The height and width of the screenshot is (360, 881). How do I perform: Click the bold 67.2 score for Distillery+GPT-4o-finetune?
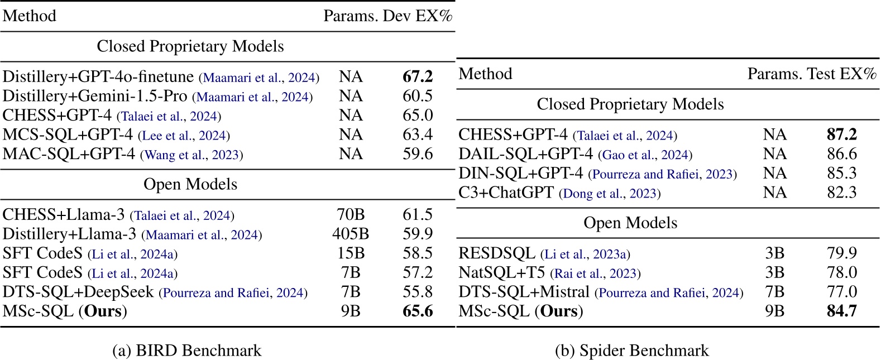coord(418,77)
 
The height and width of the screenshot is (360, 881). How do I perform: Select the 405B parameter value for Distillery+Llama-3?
coord(351,234)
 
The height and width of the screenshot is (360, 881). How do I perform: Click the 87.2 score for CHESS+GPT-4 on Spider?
coord(842,135)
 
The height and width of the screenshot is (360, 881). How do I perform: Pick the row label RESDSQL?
coord(497,254)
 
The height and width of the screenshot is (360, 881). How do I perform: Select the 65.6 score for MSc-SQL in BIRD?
coord(418,311)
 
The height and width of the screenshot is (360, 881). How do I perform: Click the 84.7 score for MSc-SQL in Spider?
coord(842,311)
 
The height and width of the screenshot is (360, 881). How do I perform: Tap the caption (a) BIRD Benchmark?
coord(187,351)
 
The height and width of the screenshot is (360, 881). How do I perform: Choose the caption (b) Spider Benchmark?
coord(632,351)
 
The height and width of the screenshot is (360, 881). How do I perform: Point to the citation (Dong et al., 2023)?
coord(610,194)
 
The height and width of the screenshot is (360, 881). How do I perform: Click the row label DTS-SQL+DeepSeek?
coord(78,292)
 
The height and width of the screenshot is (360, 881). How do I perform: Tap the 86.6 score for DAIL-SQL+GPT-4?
coord(842,155)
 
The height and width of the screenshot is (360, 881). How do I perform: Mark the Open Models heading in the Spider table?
coord(630,223)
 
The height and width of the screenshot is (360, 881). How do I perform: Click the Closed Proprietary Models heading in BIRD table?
coord(190,46)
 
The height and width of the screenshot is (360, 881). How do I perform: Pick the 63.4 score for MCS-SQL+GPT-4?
coord(418,135)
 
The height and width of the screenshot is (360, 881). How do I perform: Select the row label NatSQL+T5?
coord(502,273)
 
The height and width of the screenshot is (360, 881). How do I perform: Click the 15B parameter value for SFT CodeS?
coord(351,254)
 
